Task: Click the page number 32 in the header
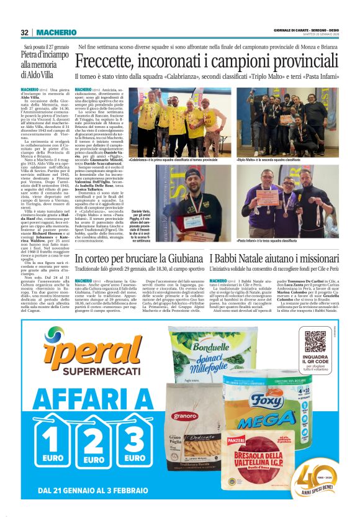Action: pos(24,32)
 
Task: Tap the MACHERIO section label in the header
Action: pos(56,32)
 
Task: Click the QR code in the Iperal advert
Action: pos(315,342)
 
